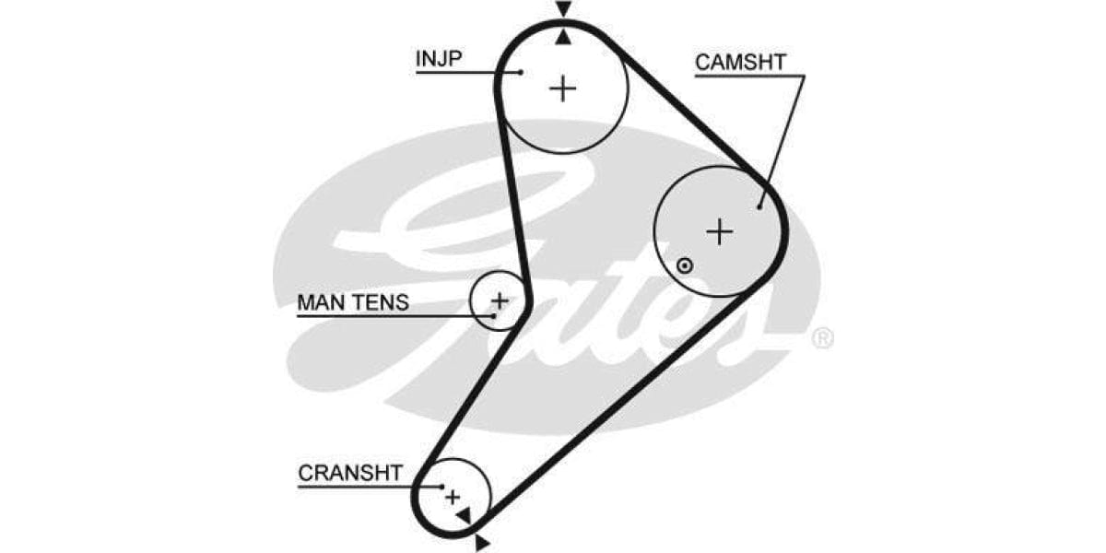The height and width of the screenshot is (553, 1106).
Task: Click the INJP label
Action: pos(439,59)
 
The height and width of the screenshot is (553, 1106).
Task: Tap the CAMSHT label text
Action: pos(740,63)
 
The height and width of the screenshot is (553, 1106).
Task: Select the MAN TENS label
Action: pos(353,302)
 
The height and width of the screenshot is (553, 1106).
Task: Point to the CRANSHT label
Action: pos(350,474)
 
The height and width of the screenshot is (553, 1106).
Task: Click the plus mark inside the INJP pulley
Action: pos(562,88)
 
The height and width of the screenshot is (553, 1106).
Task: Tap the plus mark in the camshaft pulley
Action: pos(720,231)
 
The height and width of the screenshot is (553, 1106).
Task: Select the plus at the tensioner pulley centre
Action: pos(500,300)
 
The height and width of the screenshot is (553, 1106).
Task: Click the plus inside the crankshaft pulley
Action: pos(452,498)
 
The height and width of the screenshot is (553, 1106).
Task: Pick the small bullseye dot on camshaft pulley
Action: pos(684,266)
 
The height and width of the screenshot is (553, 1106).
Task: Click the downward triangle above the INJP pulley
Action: pos(564,9)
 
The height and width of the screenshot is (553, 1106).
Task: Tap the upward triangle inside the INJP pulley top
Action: pos(564,37)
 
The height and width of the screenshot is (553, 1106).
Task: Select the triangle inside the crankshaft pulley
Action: pos(464,515)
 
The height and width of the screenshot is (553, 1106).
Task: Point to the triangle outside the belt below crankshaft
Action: pos(481,544)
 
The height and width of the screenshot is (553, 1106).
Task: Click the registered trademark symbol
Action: pos(822,338)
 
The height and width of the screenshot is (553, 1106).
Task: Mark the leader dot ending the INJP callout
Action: pos(521,71)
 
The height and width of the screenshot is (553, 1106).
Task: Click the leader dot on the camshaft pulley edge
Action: pos(759,206)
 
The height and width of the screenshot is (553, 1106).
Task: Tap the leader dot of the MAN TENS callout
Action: pos(494,316)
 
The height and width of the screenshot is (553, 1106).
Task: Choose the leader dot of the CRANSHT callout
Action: pos(442,487)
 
